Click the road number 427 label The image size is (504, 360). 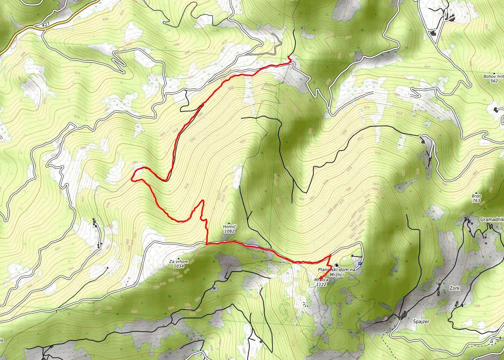tap(46, 25)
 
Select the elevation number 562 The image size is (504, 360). tap(494, 81)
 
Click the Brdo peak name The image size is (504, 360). tap(477, 196)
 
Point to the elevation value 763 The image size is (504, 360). tap(477, 201)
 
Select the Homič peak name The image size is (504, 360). tap(230, 226)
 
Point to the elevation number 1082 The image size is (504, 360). tap(230, 231)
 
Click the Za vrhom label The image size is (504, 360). tap(178, 261)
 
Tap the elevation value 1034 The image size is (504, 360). tap(178, 266)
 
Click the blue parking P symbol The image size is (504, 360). tap(360, 263)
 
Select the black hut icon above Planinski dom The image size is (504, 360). tap(336, 265)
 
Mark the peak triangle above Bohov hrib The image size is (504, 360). tap(494, 73)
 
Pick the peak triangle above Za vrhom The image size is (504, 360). tap(178, 258)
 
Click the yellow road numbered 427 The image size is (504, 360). tap(26, 29)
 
